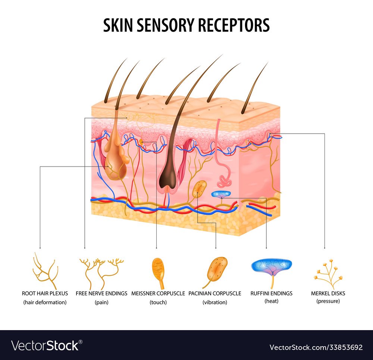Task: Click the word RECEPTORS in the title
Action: point(233,25)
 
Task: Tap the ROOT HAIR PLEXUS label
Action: point(45,293)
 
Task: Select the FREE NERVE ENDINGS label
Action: point(101,293)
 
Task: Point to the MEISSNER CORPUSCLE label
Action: point(158,293)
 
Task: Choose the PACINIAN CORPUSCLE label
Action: point(215,293)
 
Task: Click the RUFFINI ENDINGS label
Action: point(271,293)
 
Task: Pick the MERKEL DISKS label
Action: point(328,293)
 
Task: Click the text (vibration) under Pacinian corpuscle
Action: point(215,302)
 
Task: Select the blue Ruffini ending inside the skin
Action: point(221,194)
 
